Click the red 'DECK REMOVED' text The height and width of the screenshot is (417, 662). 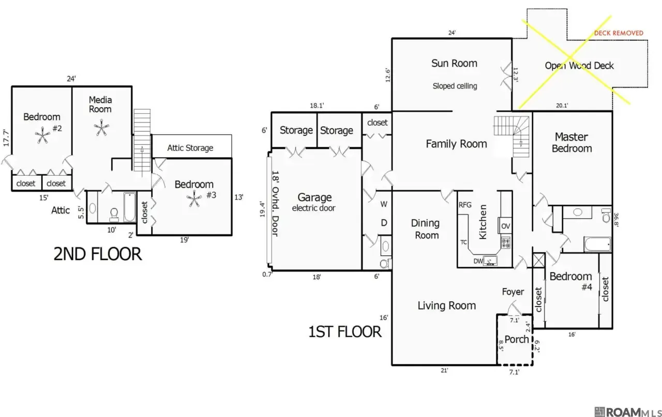click(x=619, y=33)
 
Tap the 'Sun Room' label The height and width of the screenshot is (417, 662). click(x=454, y=64)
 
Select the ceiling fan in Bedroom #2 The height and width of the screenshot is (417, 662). click(x=41, y=136)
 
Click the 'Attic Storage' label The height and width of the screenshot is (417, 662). click(x=190, y=148)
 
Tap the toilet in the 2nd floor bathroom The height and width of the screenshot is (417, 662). click(x=114, y=213)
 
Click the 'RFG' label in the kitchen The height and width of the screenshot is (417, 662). click(x=465, y=205)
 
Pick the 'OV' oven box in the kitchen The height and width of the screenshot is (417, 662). click(x=505, y=226)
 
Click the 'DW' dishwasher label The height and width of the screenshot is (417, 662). click(x=478, y=261)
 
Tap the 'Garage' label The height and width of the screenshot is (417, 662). click(x=314, y=197)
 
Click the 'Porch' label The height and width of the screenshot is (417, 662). click(x=516, y=339)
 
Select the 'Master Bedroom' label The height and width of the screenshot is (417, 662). click(x=571, y=143)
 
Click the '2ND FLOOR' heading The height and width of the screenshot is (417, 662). click(x=97, y=254)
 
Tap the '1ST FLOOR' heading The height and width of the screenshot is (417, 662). click(x=345, y=331)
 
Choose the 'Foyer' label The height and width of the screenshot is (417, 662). click(x=513, y=292)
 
